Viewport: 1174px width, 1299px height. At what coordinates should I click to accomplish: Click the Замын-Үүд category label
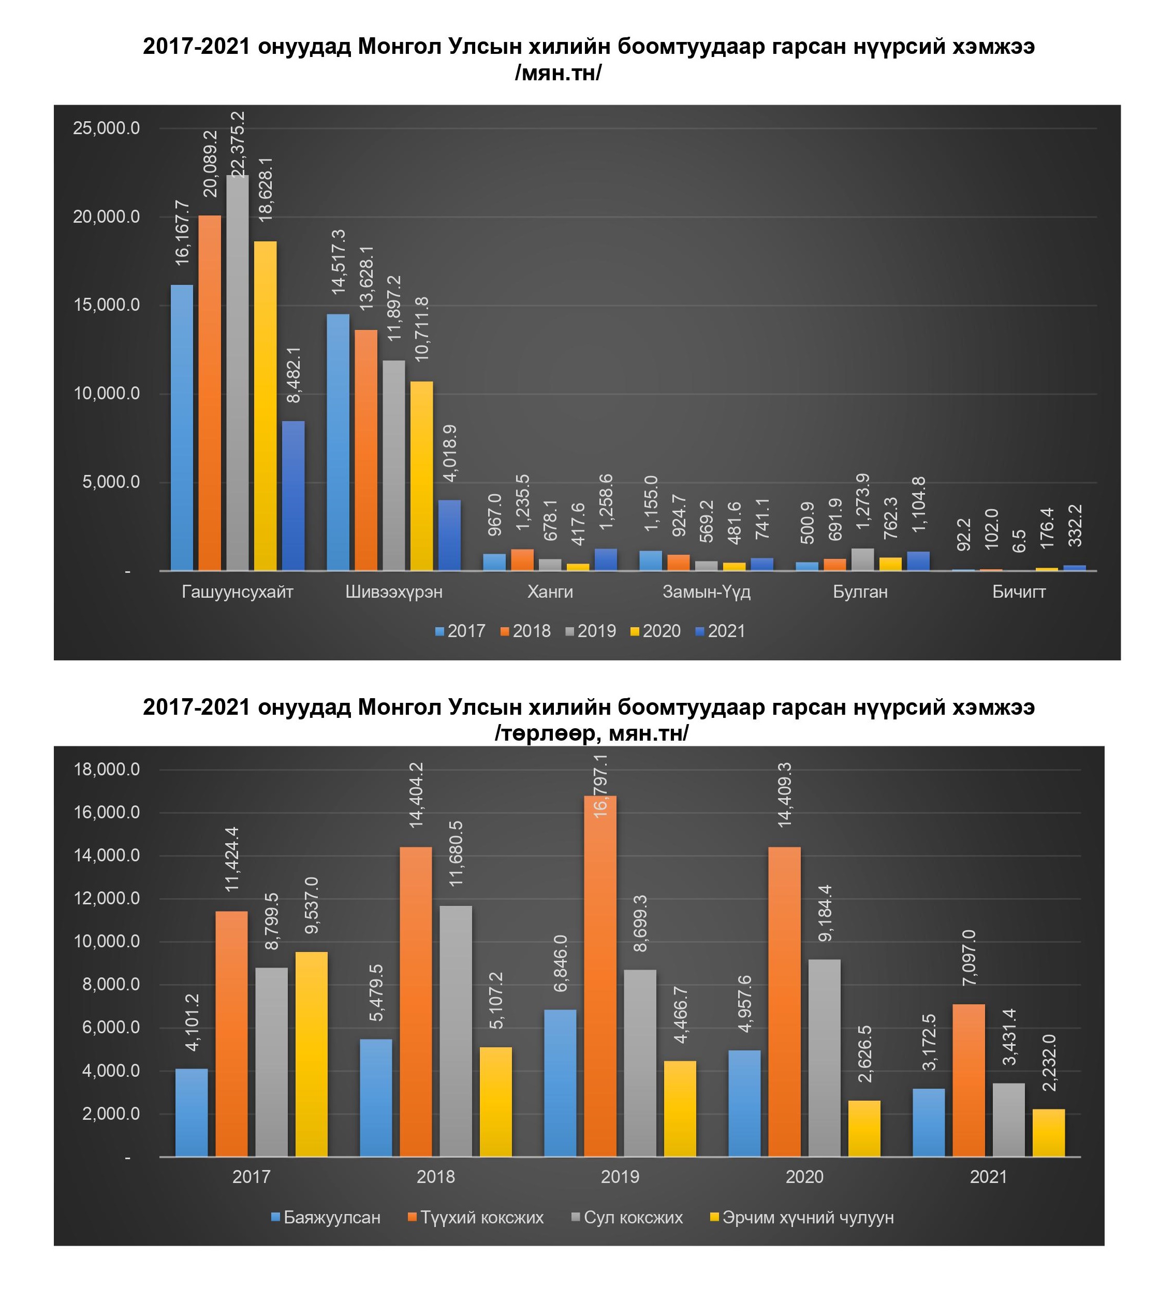(707, 591)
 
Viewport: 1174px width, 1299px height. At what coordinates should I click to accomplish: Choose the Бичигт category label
(1019, 591)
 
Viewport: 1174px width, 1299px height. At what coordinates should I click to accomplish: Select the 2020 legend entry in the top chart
(655, 631)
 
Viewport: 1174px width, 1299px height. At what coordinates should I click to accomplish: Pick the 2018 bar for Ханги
(522, 559)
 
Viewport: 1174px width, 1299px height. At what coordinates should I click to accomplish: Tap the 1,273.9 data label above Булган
(863, 510)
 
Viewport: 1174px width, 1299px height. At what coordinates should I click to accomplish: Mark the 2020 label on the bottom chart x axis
(804, 1177)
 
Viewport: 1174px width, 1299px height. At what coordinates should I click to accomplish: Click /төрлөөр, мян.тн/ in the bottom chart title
(591, 733)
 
